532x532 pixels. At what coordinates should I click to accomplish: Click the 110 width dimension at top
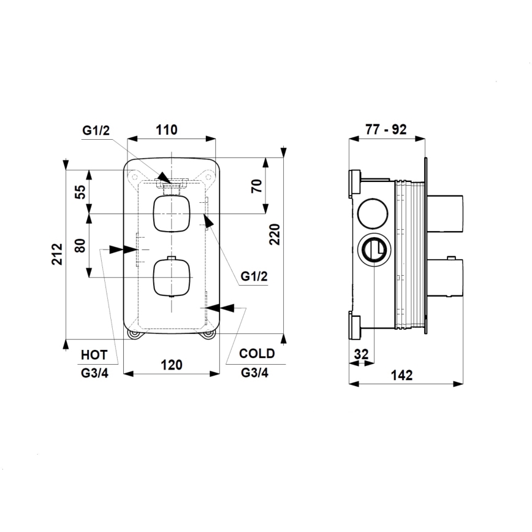[x=166, y=129]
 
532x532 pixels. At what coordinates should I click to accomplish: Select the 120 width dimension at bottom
[x=172, y=365]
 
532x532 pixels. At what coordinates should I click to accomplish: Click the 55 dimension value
[x=80, y=192]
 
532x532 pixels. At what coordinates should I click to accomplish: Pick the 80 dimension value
[x=80, y=246]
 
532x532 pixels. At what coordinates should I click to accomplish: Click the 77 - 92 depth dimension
[x=386, y=129]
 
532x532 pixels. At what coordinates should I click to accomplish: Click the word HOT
[x=94, y=355]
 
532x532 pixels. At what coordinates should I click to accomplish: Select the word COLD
[x=257, y=354]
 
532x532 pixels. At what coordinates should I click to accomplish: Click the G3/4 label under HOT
[x=94, y=373]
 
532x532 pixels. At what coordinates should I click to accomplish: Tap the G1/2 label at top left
[x=97, y=130]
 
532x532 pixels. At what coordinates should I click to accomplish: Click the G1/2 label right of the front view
[x=254, y=276]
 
